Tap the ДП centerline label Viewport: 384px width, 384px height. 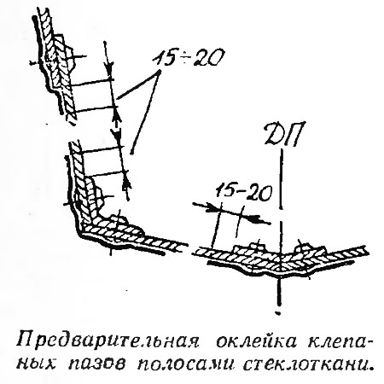282,134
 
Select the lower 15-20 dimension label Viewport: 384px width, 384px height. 242,193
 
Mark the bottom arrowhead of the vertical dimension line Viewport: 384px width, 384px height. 127,183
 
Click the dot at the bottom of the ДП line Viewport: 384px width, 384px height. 279,313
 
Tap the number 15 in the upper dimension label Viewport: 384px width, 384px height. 166,58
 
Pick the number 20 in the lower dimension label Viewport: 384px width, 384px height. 257,194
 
